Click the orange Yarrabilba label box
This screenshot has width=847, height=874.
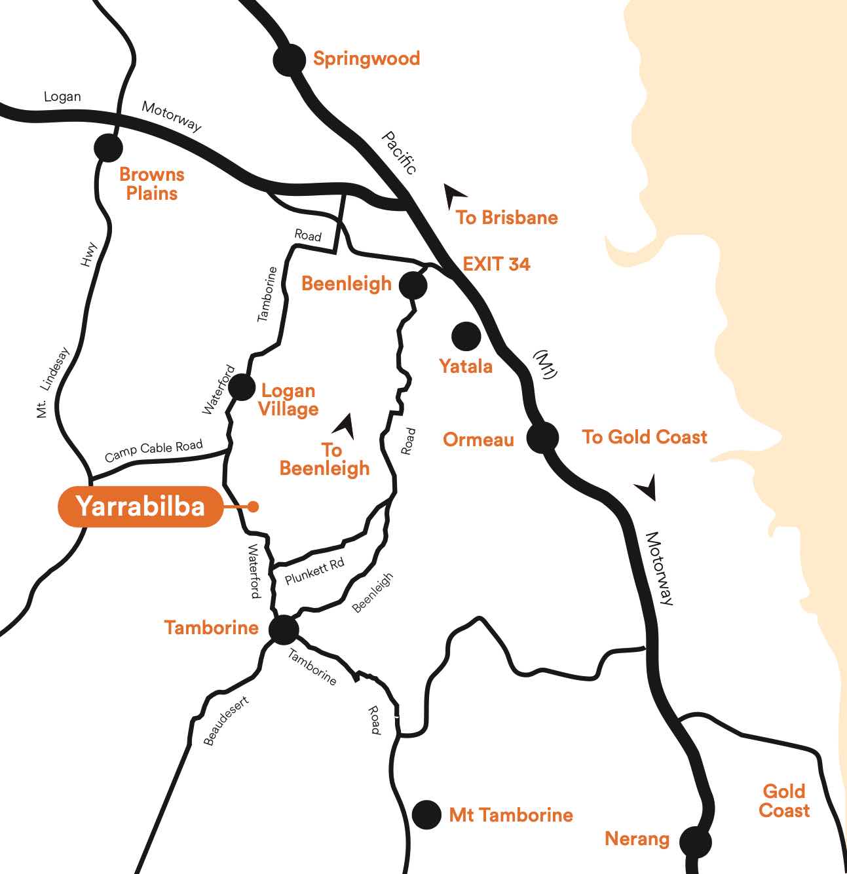pyautogui.click(x=140, y=506)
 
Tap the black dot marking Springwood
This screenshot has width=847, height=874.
pyautogui.click(x=289, y=60)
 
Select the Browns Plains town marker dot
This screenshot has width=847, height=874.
pyautogui.click(x=108, y=147)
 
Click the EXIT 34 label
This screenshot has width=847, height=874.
pyautogui.click(x=496, y=264)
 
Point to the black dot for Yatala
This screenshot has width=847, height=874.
pyautogui.click(x=466, y=335)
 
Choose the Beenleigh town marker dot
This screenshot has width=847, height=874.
pyautogui.click(x=413, y=285)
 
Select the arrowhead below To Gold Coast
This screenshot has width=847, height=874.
pyautogui.click(x=647, y=488)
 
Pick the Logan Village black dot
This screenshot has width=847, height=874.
pyautogui.click(x=242, y=387)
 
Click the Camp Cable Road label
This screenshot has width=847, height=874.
pyautogui.click(x=153, y=450)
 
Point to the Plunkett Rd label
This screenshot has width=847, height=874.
pyautogui.click(x=314, y=571)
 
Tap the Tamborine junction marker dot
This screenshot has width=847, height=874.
pyautogui.click(x=284, y=630)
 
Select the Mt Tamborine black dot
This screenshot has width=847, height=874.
pyautogui.click(x=426, y=814)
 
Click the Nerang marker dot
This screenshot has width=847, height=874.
pyautogui.click(x=695, y=841)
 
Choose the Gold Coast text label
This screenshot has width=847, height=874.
pyautogui.click(x=784, y=801)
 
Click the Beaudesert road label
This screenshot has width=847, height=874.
pyautogui.click(x=226, y=721)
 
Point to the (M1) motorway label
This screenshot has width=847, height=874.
pyautogui.click(x=545, y=364)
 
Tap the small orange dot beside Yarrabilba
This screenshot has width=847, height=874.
pyautogui.click(x=254, y=506)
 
